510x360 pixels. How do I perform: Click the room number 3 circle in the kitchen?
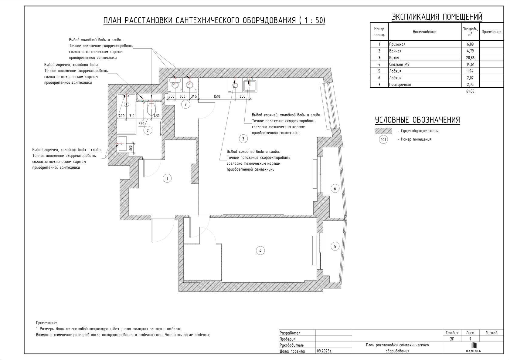point(243,139)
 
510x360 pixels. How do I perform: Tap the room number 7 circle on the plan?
point(186,104)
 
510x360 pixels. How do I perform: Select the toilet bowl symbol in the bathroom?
point(151,109)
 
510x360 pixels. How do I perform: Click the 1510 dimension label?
point(217,96)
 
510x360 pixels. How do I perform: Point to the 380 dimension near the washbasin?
point(131,148)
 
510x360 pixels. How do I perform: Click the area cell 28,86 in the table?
point(470,58)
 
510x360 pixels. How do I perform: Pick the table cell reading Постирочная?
point(400,85)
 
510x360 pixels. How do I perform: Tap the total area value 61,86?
point(470,91)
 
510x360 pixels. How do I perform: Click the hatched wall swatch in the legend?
point(383,131)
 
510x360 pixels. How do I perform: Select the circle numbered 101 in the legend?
point(383,140)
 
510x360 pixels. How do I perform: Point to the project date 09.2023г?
point(325,351)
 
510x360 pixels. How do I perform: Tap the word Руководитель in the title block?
point(291,345)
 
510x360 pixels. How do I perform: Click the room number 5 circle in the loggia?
point(335,246)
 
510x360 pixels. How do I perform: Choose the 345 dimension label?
point(194,96)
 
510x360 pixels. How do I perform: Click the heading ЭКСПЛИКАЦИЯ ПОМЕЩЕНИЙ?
point(437,17)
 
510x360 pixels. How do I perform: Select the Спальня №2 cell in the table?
point(399,64)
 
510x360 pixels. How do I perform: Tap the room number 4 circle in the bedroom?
point(260,251)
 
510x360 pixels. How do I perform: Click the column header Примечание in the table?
point(491,32)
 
